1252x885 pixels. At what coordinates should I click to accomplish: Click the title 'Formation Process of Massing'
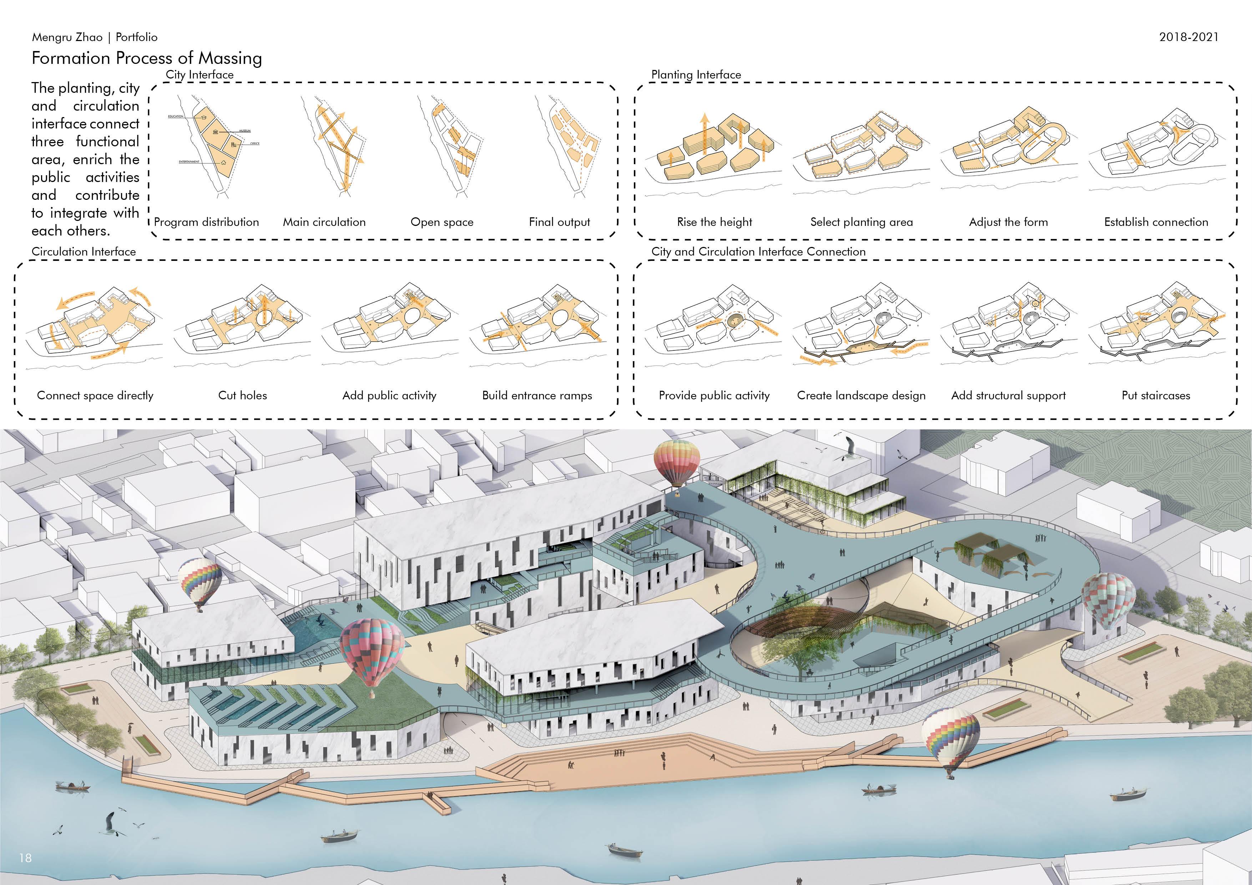(x=147, y=58)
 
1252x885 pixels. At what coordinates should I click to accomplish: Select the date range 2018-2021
(x=1189, y=37)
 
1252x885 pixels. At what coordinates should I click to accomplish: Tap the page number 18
(x=25, y=858)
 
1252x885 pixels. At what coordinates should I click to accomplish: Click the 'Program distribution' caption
(x=206, y=222)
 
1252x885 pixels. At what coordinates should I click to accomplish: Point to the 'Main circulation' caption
(x=324, y=222)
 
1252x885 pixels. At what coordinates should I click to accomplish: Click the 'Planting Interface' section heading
(x=696, y=75)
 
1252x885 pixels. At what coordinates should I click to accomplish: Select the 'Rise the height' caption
(x=715, y=222)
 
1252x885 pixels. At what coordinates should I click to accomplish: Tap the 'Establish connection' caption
(x=1156, y=222)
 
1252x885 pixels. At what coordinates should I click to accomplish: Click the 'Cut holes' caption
(x=243, y=395)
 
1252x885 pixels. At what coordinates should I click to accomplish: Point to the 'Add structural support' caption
(x=1008, y=395)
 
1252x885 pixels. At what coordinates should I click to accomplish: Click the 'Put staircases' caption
(x=1156, y=395)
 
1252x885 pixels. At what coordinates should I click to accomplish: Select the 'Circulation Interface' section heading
(x=84, y=251)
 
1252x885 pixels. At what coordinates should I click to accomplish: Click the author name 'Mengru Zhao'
(x=67, y=37)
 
